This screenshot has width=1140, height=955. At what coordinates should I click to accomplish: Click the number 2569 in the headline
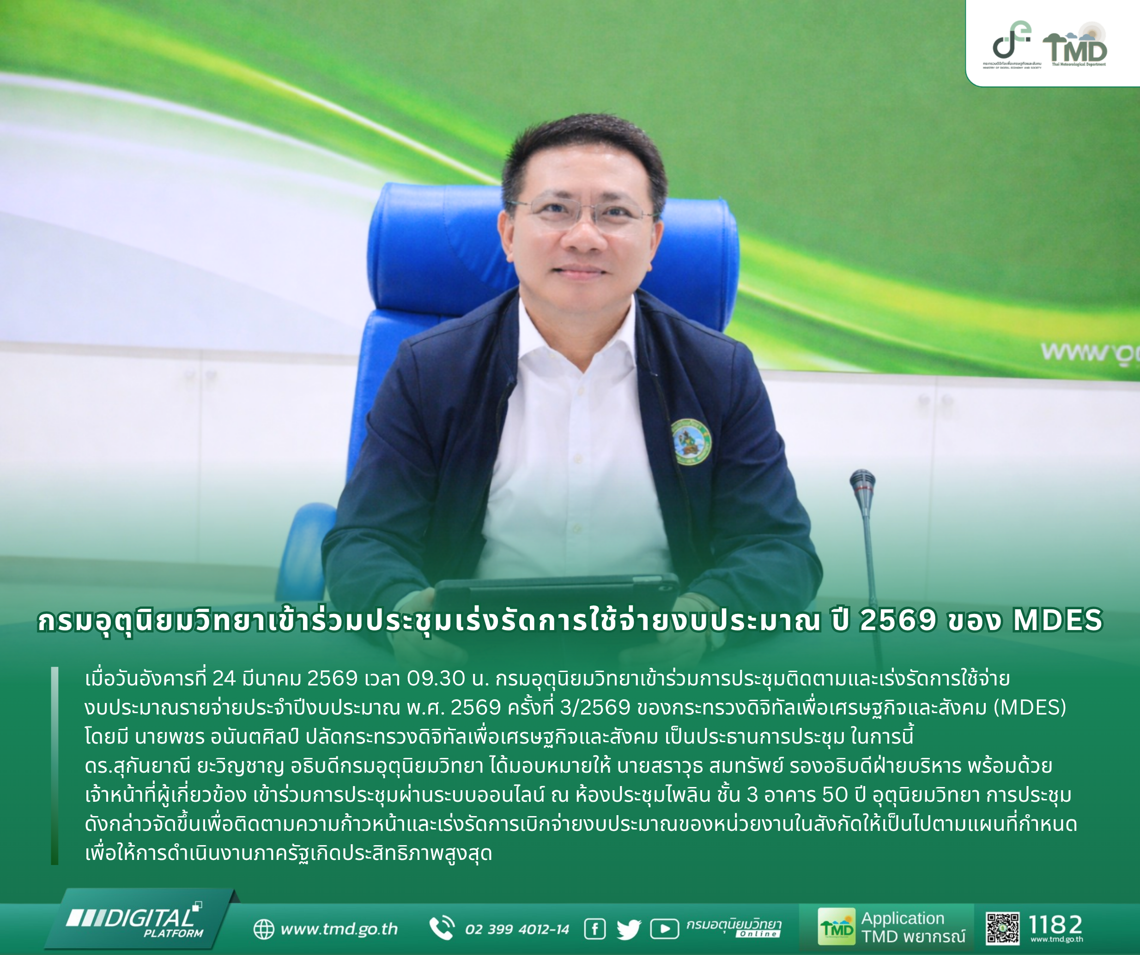(x=898, y=620)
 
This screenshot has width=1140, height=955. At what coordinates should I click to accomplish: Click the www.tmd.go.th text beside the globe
(x=340, y=929)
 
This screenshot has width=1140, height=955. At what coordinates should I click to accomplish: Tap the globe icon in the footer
(x=264, y=929)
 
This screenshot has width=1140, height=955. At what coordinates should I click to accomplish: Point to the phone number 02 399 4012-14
(x=517, y=930)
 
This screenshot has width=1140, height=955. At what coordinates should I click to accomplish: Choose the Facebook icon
(x=595, y=929)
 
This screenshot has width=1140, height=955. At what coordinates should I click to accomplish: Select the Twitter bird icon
(x=629, y=930)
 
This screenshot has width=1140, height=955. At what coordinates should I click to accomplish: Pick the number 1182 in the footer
(x=1055, y=925)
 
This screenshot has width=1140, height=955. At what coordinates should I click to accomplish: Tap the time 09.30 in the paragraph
(x=436, y=678)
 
